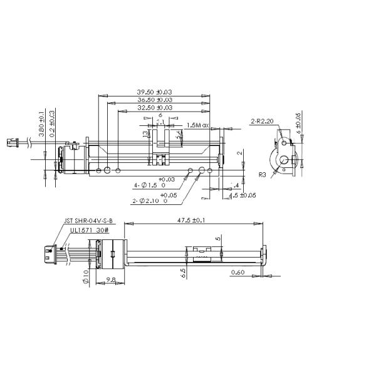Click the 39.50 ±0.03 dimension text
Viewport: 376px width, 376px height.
(x=155, y=92)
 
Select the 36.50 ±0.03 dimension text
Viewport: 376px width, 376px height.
(x=155, y=100)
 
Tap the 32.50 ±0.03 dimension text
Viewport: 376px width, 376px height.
(x=155, y=107)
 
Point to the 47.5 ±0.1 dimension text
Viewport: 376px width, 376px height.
(x=192, y=221)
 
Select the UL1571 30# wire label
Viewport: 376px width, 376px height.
(x=84, y=230)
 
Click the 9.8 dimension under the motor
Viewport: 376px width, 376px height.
(x=110, y=280)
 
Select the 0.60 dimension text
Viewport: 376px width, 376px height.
(x=238, y=273)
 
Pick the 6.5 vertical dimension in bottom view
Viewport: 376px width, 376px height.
(x=182, y=274)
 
